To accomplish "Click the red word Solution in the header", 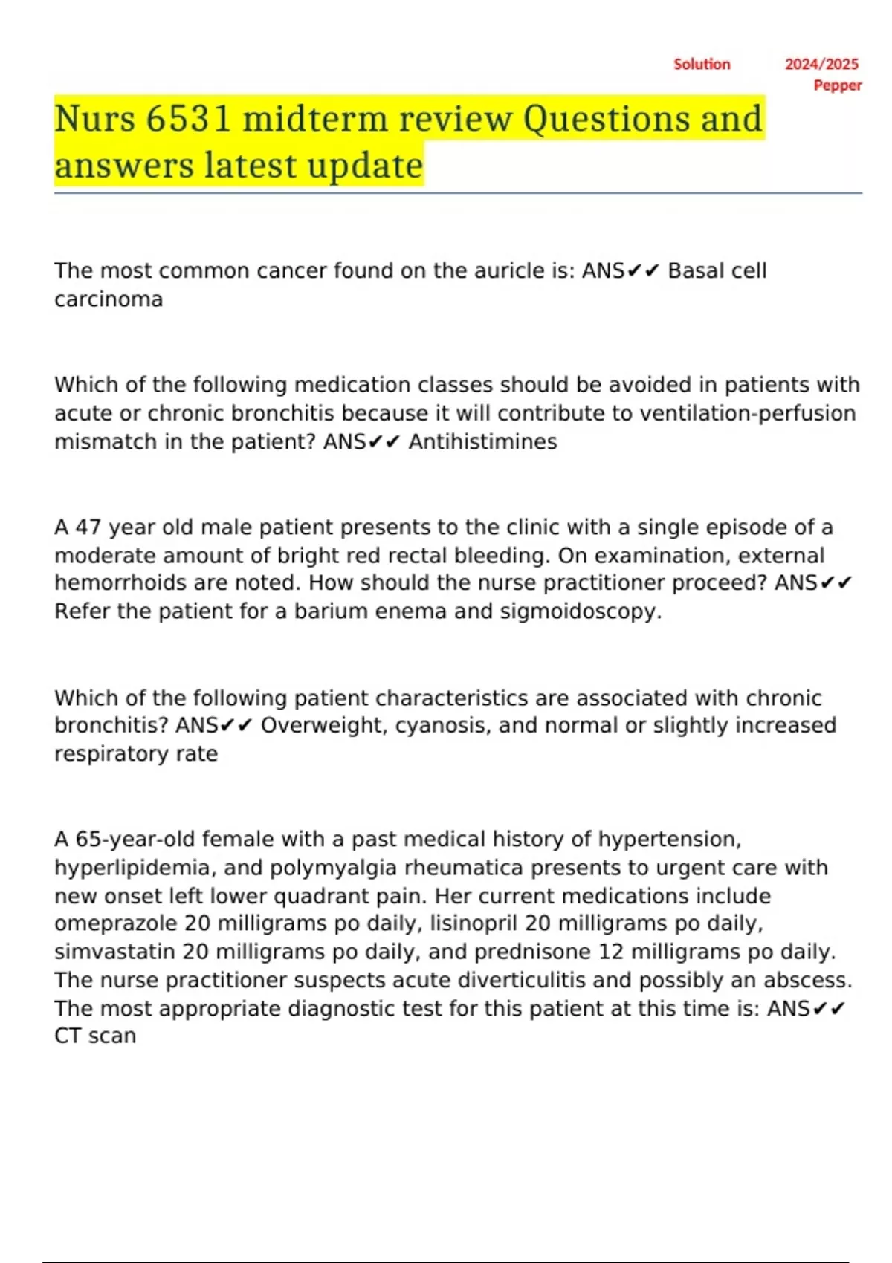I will click(x=702, y=65).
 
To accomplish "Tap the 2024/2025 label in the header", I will click(x=821, y=65).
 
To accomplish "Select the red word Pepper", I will click(x=838, y=85).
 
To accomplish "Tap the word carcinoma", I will click(x=109, y=299).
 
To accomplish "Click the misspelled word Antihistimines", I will click(x=482, y=442).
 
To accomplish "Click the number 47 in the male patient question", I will click(x=88, y=527).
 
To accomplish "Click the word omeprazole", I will click(x=116, y=923).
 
